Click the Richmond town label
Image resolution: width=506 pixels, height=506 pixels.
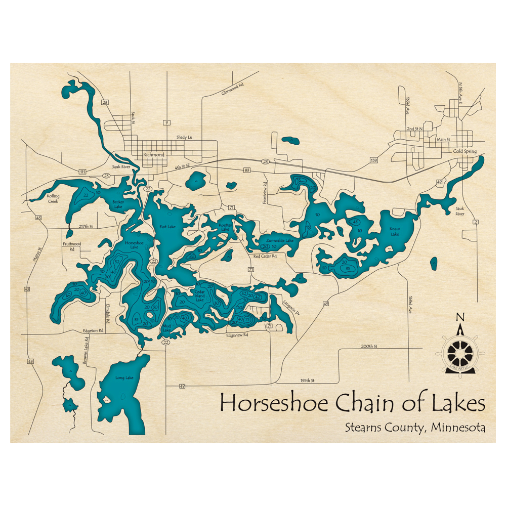pyautogui.click(x=154, y=155)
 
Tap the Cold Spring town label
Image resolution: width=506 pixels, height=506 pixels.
pyautogui.click(x=465, y=151)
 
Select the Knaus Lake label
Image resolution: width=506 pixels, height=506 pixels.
pyautogui.click(x=395, y=232)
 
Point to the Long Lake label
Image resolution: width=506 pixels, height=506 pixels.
pyautogui.click(x=124, y=377)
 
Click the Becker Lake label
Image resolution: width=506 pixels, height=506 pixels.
pyautogui.click(x=118, y=204)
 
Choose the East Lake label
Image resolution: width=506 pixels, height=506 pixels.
pyautogui.click(x=167, y=227)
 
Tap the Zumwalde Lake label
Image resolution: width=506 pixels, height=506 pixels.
pyautogui.click(x=280, y=240)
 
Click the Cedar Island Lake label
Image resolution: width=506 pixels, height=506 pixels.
pyautogui.click(x=199, y=296)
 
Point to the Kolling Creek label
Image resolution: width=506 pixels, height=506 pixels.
pyautogui.click(x=53, y=198)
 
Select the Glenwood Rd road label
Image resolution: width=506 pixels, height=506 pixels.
pyautogui.click(x=233, y=89)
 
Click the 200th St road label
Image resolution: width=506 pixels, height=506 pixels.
pyautogui.click(x=369, y=346)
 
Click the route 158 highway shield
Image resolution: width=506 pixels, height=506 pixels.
pyautogui.click(x=374, y=160)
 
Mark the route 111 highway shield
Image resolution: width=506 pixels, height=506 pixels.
pyautogui.click(x=82, y=172)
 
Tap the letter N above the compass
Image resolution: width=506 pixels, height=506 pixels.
pyautogui.click(x=460, y=317)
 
